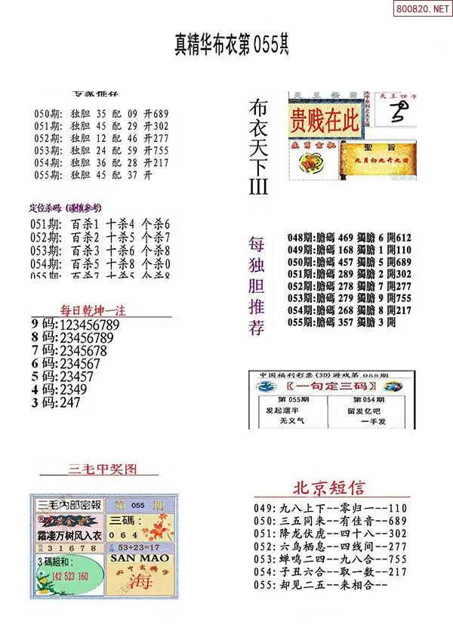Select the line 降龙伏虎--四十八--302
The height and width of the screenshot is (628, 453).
click(332, 534)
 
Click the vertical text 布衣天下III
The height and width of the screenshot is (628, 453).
click(258, 147)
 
